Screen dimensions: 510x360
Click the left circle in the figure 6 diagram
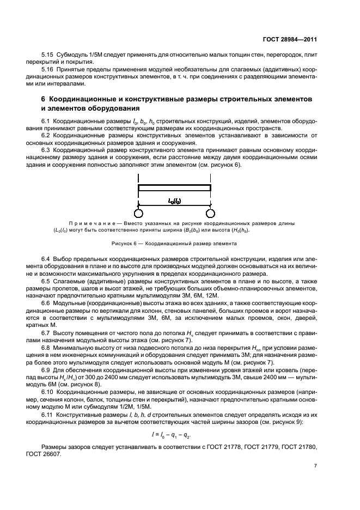(x=139, y=212)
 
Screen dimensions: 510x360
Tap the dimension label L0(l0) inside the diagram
(x=174, y=201)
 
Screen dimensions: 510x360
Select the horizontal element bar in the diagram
(x=174, y=188)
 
